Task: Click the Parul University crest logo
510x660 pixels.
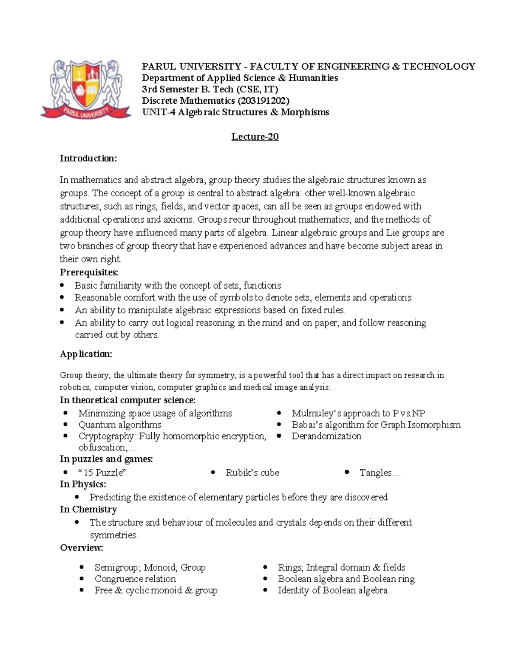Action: (x=85, y=89)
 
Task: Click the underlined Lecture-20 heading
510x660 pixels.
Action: (x=255, y=137)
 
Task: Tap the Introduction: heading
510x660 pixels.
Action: (x=88, y=159)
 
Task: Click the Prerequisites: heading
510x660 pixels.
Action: (x=89, y=272)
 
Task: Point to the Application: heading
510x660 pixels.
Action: (x=86, y=354)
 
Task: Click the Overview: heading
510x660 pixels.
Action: (x=81, y=548)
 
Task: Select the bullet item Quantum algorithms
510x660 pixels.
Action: (x=120, y=425)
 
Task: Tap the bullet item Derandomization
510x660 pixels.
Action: (x=326, y=436)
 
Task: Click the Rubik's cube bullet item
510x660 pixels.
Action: (x=252, y=473)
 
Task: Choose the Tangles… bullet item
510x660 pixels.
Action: (x=380, y=473)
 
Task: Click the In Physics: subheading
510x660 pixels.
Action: (x=83, y=484)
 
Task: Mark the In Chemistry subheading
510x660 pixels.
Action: (x=88, y=510)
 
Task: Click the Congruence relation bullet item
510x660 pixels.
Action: (x=135, y=579)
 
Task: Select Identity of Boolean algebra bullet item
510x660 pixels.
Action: (x=333, y=590)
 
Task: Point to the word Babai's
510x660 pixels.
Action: (x=307, y=425)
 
